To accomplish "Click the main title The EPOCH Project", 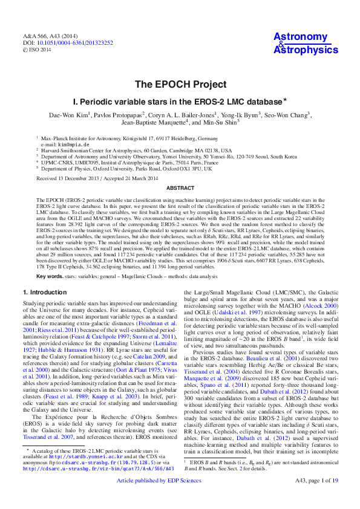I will (180, 84).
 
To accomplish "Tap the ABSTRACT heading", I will (180, 188).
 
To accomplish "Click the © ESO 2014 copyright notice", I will (38, 50).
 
